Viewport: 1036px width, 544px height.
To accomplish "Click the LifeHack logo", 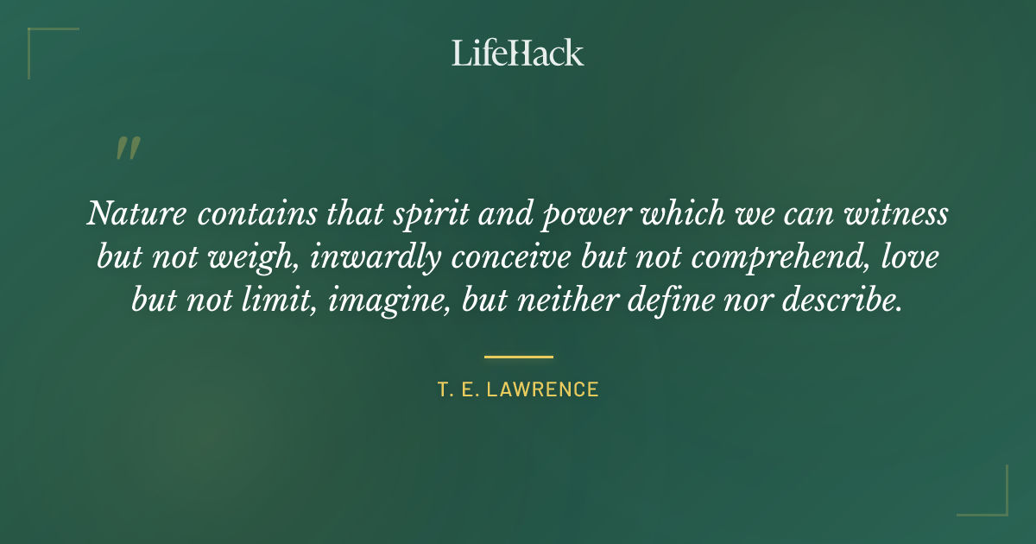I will (x=517, y=53).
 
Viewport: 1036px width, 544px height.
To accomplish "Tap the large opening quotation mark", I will (x=127, y=149).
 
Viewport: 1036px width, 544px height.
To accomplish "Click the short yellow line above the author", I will (x=518, y=356).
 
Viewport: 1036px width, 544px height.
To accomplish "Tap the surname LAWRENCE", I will (x=542, y=389).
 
